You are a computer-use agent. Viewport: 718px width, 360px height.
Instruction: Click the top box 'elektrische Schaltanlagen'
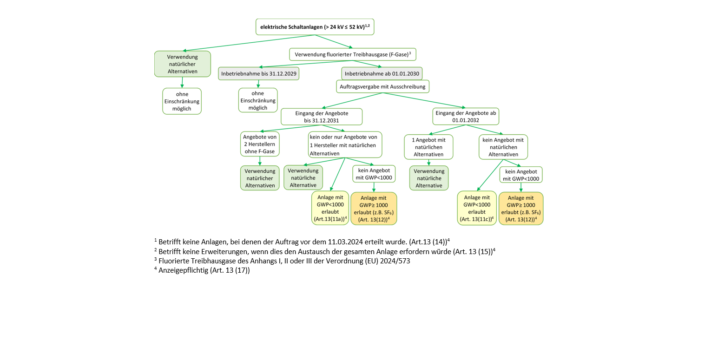pos(315,27)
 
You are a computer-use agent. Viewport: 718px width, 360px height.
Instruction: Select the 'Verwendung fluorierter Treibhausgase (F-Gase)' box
pos(352,54)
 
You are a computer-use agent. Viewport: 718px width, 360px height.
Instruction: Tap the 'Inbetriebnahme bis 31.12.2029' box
pos(259,74)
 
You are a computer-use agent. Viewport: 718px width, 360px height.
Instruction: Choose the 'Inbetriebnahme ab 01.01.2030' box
pos(382,74)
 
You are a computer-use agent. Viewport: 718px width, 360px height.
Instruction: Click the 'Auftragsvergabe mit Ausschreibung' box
pos(382,86)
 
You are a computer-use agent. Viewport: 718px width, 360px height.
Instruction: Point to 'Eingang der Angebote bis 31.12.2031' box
pos(321,117)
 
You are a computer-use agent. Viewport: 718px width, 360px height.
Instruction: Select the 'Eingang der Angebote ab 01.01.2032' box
pos(465,117)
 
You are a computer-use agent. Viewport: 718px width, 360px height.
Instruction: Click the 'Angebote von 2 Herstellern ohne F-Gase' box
pos(260,144)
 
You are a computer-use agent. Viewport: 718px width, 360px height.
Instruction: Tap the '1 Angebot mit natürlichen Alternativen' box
pos(428,147)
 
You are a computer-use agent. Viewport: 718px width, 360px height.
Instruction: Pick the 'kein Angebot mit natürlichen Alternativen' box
pos(503,147)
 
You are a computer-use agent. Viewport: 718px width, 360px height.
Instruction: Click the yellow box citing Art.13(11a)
pos(330,208)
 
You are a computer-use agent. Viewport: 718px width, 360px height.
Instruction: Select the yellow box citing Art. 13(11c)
pos(477,208)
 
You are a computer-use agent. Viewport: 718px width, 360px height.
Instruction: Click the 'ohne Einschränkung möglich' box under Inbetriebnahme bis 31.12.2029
pos(258,100)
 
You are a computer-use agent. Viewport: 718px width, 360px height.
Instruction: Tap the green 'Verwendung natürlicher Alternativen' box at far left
pos(182,64)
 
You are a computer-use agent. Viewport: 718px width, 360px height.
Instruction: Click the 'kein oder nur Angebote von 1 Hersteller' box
pos(344,144)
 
